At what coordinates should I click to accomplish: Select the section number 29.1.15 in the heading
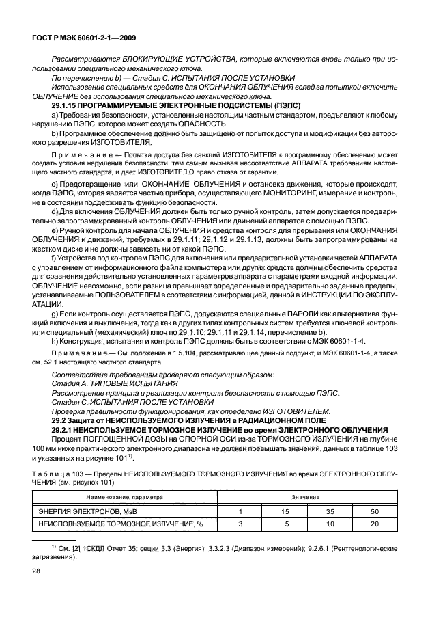point(67,106)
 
